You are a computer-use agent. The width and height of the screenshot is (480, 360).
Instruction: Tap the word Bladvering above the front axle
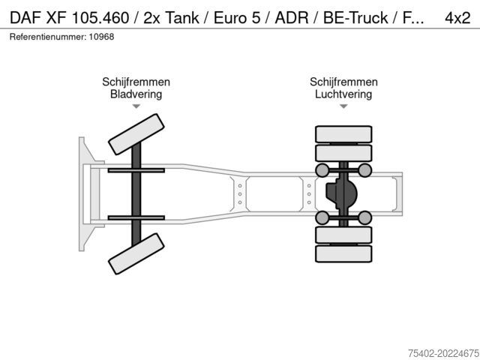(136, 94)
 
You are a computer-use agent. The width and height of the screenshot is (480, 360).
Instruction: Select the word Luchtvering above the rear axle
(343, 94)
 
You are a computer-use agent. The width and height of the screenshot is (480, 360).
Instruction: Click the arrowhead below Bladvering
(136, 107)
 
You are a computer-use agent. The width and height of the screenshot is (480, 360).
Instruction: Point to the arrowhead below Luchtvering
(343, 107)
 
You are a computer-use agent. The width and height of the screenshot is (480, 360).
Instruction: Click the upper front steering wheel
(136, 134)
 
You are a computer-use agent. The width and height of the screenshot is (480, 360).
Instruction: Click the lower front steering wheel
(136, 253)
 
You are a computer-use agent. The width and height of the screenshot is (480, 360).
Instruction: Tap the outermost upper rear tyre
(343, 134)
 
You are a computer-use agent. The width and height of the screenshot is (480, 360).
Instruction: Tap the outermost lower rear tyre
(343, 254)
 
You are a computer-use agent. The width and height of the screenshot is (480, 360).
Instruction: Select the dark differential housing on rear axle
(341, 193)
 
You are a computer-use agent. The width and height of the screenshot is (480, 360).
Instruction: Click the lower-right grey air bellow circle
(365, 217)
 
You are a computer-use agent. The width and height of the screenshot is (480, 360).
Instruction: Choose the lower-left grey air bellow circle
(322, 217)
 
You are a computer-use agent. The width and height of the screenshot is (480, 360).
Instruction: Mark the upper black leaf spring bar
(136, 171)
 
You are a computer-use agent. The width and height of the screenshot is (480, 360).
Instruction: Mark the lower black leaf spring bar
(136, 217)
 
